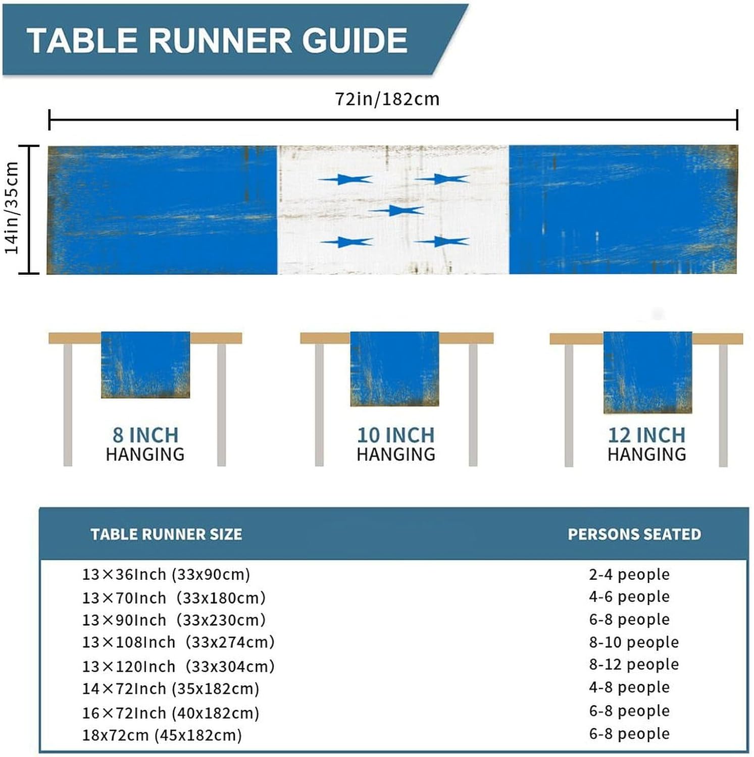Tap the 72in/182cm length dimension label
coord(387,99)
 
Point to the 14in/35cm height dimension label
coord(12,208)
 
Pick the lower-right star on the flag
coord(443,242)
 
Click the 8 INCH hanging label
coord(145,435)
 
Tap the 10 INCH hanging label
coord(395,435)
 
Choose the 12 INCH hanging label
coord(646,435)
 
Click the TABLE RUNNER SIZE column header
coord(166,534)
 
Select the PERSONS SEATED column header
coord(634,534)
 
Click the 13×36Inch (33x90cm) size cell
coord(166,574)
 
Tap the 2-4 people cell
coord(629,574)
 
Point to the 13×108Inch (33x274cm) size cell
coord(178,642)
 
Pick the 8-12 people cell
coord(634,664)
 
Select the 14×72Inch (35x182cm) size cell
coord(171,688)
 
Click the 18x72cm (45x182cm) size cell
coord(162,735)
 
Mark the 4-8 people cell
coord(629,687)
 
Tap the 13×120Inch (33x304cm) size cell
coord(178,666)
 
